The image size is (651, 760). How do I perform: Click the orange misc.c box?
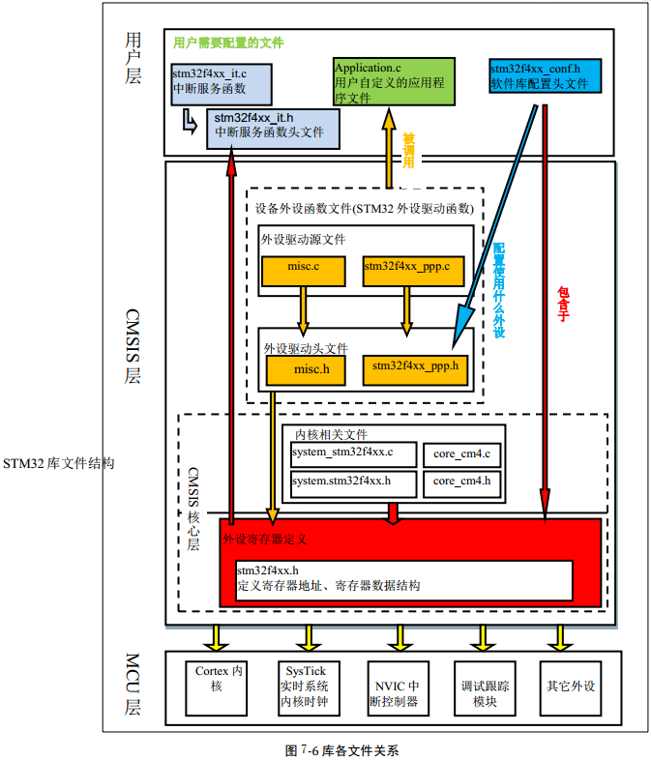(x=304, y=271)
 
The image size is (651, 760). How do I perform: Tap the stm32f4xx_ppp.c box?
(x=406, y=271)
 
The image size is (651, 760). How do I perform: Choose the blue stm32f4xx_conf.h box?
(x=545, y=76)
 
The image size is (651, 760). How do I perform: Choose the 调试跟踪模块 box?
(x=484, y=686)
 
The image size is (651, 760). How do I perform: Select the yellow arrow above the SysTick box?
(x=310, y=637)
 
